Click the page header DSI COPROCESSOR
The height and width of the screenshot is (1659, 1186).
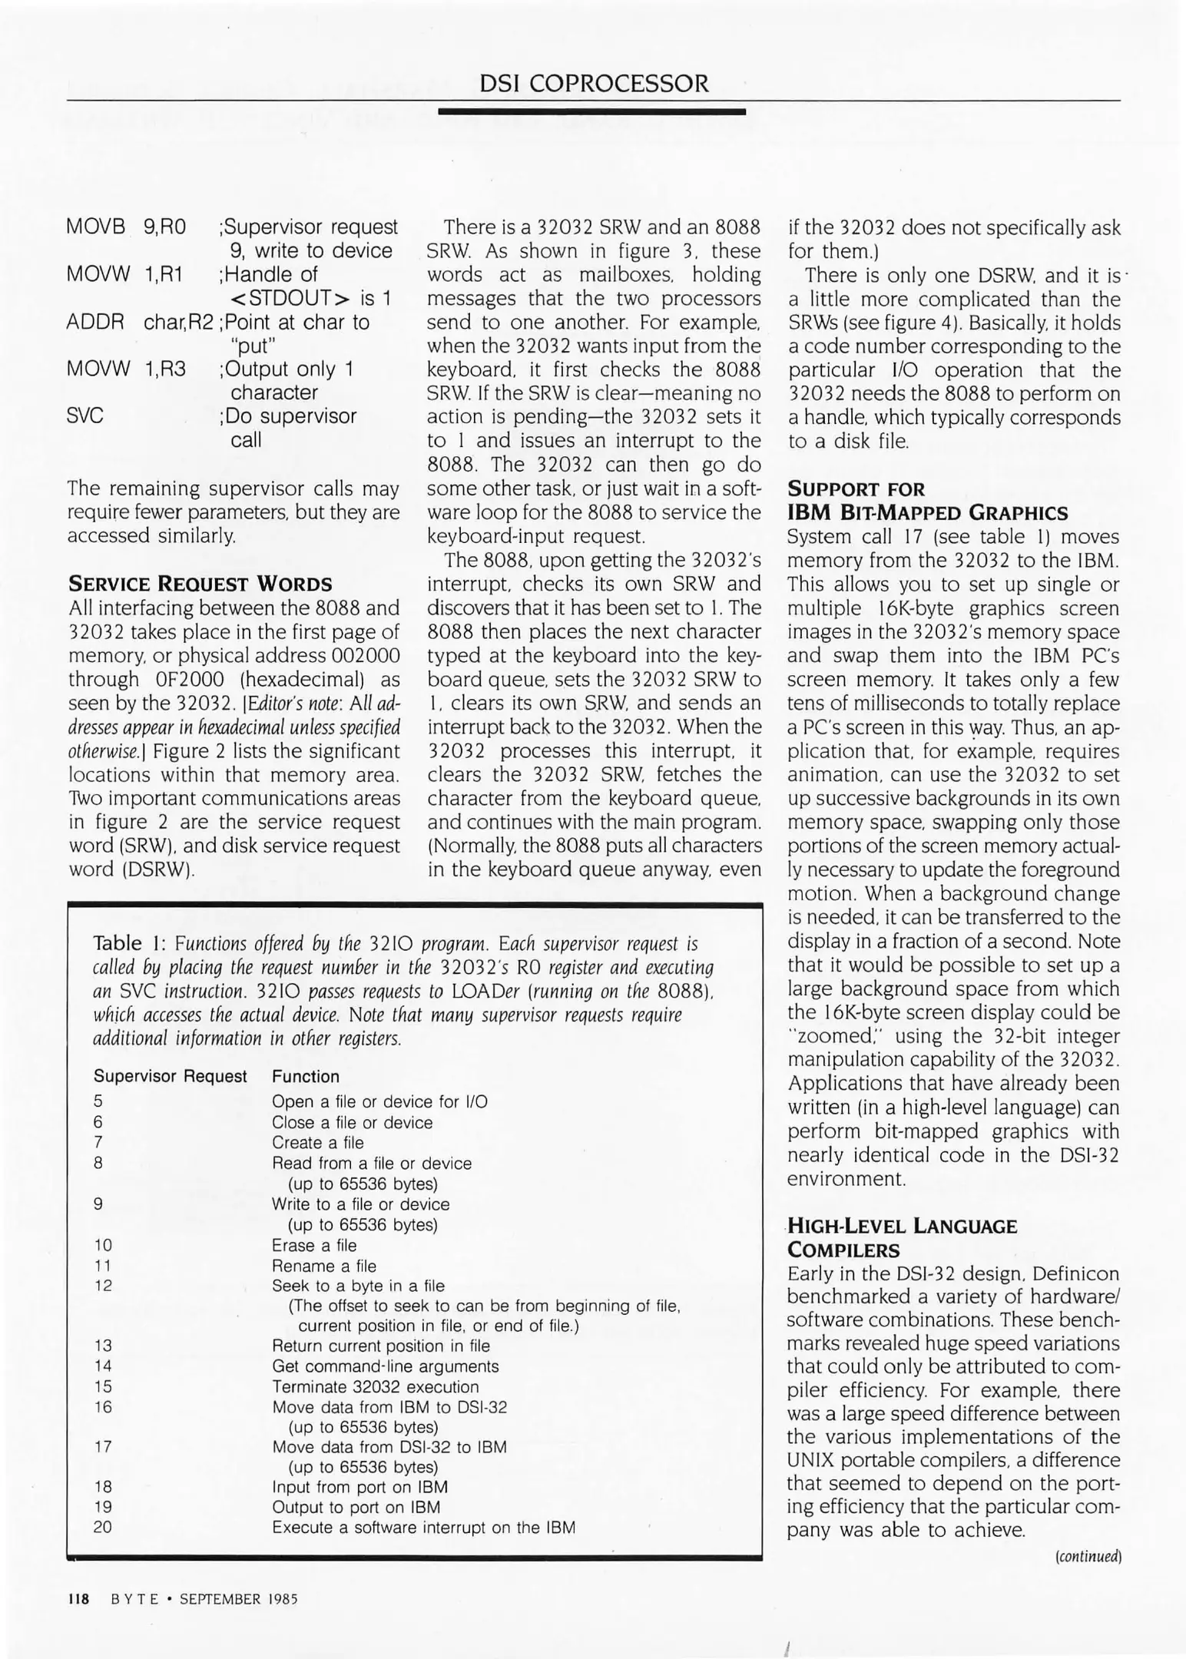pos(593,83)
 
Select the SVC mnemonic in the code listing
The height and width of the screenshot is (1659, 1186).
pos(85,416)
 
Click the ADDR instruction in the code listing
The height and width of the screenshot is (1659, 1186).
pos(95,322)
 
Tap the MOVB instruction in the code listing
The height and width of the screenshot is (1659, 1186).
pos(95,227)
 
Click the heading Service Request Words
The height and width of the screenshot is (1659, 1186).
pos(200,584)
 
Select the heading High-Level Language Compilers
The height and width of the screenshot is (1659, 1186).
pos(902,1237)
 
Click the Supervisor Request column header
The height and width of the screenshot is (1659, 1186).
pos(170,1076)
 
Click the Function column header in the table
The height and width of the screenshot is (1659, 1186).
pos(305,1076)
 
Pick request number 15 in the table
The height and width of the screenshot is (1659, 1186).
pos(103,1386)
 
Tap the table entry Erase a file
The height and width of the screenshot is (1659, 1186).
pos(314,1245)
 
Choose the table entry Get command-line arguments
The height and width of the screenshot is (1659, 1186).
pos(385,1366)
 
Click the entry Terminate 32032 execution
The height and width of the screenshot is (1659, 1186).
pos(375,1386)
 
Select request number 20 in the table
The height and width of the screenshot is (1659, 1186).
pos(103,1527)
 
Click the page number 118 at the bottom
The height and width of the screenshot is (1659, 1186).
pos(78,1599)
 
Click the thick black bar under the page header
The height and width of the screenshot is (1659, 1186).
pos(591,112)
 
